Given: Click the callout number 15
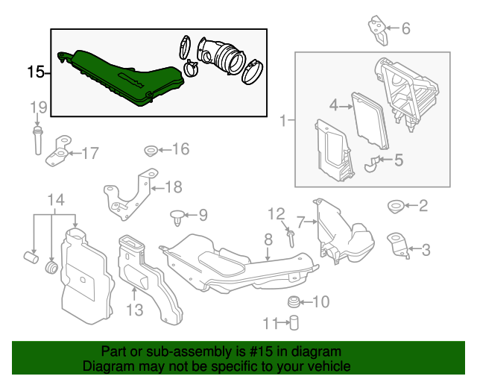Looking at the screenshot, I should point(34,72).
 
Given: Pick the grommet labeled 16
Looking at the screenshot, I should point(149,151).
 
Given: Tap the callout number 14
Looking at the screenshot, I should point(56,200).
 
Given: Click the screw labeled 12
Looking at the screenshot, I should point(290,238).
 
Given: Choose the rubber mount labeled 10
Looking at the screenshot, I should point(295,301).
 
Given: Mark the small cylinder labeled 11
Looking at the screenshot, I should point(294,322).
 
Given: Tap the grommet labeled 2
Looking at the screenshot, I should point(394,205).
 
